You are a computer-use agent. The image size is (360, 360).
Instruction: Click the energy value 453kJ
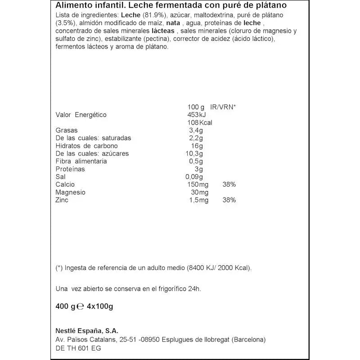(x=196, y=115)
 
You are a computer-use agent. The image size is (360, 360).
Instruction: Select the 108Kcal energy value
(x=199, y=122)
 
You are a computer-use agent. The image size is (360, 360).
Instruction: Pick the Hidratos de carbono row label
(x=86, y=146)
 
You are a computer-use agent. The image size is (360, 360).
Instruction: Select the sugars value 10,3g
(x=194, y=153)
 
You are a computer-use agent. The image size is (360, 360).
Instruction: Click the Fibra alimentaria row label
(x=81, y=162)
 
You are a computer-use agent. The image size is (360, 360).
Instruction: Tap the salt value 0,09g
(x=194, y=177)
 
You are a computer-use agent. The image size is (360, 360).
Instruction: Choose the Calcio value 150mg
(x=197, y=184)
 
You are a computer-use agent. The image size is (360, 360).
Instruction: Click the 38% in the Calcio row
(x=229, y=184)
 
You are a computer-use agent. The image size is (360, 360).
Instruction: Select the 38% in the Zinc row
(x=229, y=200)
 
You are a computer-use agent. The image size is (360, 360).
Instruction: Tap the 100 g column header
(x=196, y=107)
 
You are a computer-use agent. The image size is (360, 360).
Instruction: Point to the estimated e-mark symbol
(x=81, y=307)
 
